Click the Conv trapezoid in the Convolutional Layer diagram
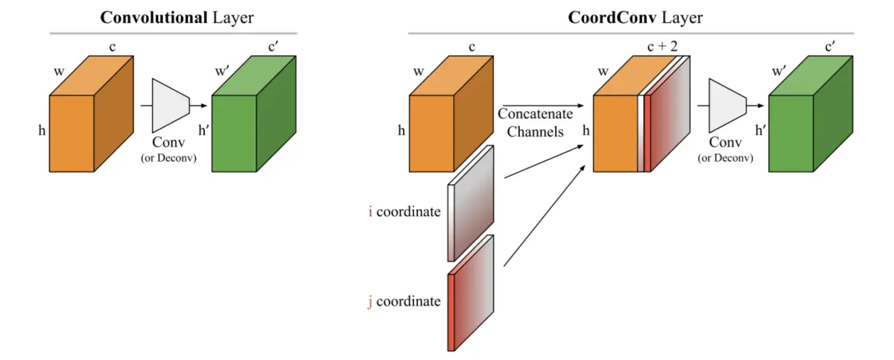[x=171, y=106]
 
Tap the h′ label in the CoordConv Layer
[x=761, y=130]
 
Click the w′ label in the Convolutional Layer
[x=221, y=72]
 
